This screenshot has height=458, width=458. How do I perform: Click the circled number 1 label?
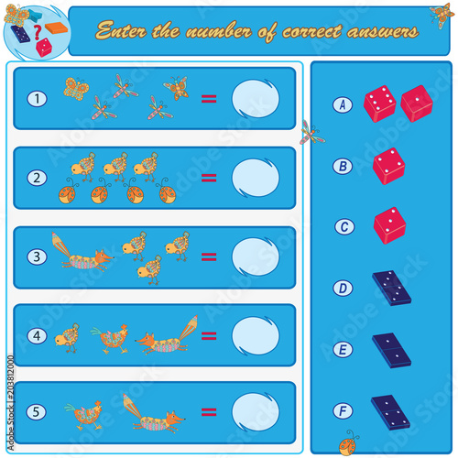coord(37,99)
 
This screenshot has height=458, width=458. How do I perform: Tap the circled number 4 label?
coord(37,336)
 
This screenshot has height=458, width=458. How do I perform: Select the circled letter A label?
coord(343,104)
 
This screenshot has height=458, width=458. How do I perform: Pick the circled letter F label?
coord(343,411)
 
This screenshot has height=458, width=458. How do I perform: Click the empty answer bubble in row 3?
coord(256,256)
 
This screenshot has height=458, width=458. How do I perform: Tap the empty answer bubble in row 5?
coord(256,412)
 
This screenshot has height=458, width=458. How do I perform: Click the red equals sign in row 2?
coord(209,178)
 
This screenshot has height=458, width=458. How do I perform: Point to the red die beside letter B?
coord(388,166)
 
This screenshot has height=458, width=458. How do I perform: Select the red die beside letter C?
coord(389,225)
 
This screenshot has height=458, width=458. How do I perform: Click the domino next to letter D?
coord(391,288)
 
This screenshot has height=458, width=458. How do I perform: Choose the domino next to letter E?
coord(391,351)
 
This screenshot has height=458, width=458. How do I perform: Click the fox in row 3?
coord(82,253)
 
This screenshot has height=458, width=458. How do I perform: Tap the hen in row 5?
coord(82,415)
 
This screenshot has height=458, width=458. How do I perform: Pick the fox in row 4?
coord(167,336)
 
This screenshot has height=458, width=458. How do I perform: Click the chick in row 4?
coord(67,338)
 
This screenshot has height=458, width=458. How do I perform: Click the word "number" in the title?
coord(219,31)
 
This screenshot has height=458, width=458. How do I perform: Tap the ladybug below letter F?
coord(348,443)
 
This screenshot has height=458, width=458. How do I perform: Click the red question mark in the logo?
coord(38,32)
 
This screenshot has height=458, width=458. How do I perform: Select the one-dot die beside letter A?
coord(417,104)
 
